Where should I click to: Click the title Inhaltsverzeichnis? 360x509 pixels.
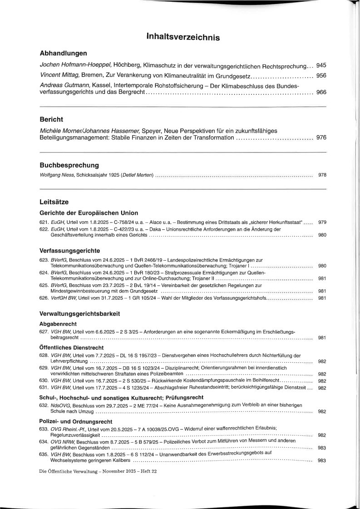(x=183, y=38)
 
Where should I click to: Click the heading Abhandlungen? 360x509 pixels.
(x=63, y=53)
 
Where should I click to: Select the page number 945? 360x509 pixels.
(x=321, y=65)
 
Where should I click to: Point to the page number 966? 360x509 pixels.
(x=321, y=93)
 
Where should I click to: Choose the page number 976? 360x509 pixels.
(x=321, y=138)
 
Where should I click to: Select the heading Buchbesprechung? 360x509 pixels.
(x=69, y=165)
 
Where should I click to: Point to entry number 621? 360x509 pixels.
(x=44, y=222)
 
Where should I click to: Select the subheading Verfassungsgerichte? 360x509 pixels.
(x=70, y=250)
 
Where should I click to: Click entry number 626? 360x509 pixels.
(x=44, y=298)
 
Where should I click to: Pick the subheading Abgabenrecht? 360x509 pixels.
(x=58, y=324)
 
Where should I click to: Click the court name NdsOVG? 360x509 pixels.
(x=59, y=405)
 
